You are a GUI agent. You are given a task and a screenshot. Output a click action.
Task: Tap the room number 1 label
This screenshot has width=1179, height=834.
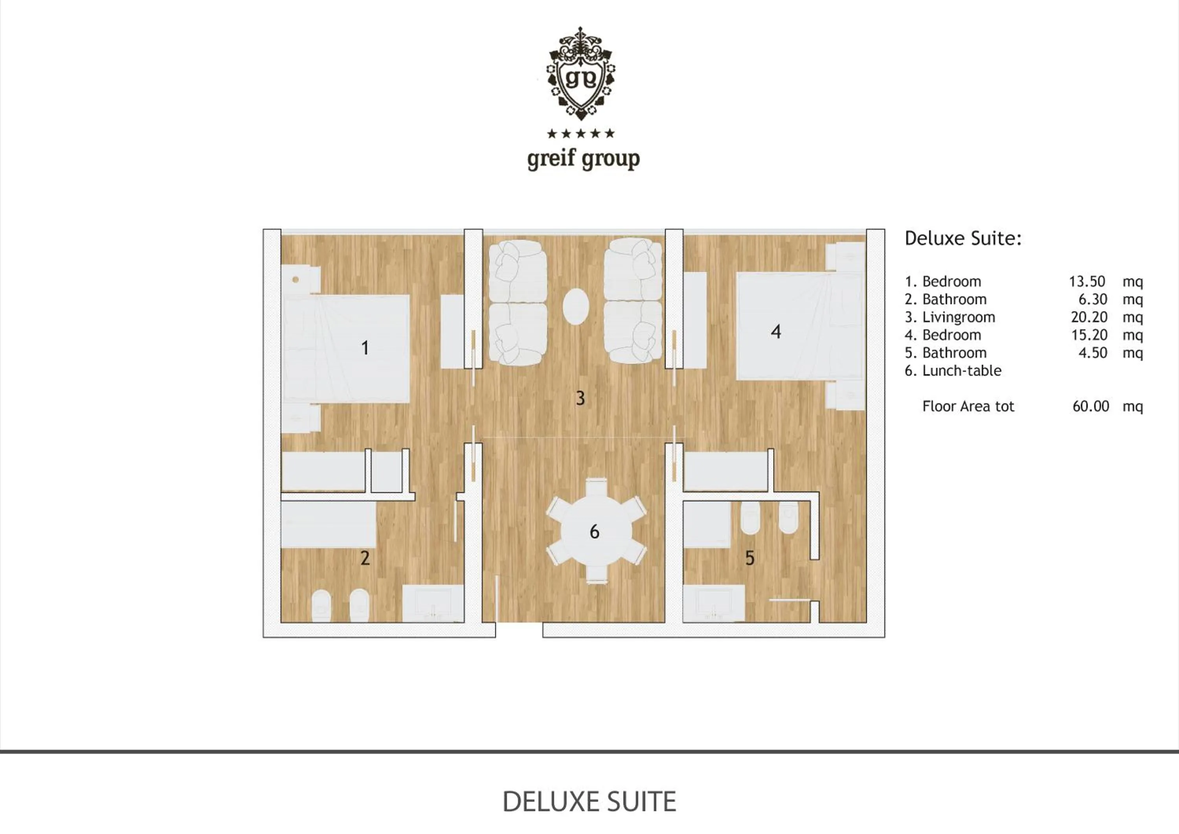[365, 348]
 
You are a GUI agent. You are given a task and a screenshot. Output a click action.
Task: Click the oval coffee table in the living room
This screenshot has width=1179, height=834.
[576, 307]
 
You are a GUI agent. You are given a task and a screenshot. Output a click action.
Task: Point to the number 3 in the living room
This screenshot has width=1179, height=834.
[580, 398]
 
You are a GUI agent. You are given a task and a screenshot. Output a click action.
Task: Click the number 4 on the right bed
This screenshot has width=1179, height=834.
[776, 332]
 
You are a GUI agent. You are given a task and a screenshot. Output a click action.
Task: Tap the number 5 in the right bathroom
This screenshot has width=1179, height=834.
[750, 558]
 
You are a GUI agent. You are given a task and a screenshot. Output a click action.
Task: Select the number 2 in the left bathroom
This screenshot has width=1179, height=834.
[365, 558]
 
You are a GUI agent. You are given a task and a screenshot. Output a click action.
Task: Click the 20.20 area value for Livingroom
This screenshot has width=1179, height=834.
[1089, 318]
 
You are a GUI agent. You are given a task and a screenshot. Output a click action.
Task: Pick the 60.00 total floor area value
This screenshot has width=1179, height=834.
[1091, 407]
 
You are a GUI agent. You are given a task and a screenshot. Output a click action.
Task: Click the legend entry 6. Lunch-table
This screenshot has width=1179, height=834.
[953, 371]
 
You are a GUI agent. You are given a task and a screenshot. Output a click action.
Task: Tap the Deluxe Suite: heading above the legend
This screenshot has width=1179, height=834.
[963, 239]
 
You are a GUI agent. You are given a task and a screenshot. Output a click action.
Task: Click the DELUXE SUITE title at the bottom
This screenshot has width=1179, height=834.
[589, 802]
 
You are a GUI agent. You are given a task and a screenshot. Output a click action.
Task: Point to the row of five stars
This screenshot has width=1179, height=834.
[581, 134]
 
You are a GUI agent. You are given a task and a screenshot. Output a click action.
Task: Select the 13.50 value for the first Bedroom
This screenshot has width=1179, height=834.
[1087, 282]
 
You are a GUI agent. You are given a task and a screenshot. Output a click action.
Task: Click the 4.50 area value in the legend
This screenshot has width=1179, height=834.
[1093, 353]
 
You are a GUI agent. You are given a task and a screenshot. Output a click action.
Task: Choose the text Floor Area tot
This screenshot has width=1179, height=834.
[968, 407]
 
